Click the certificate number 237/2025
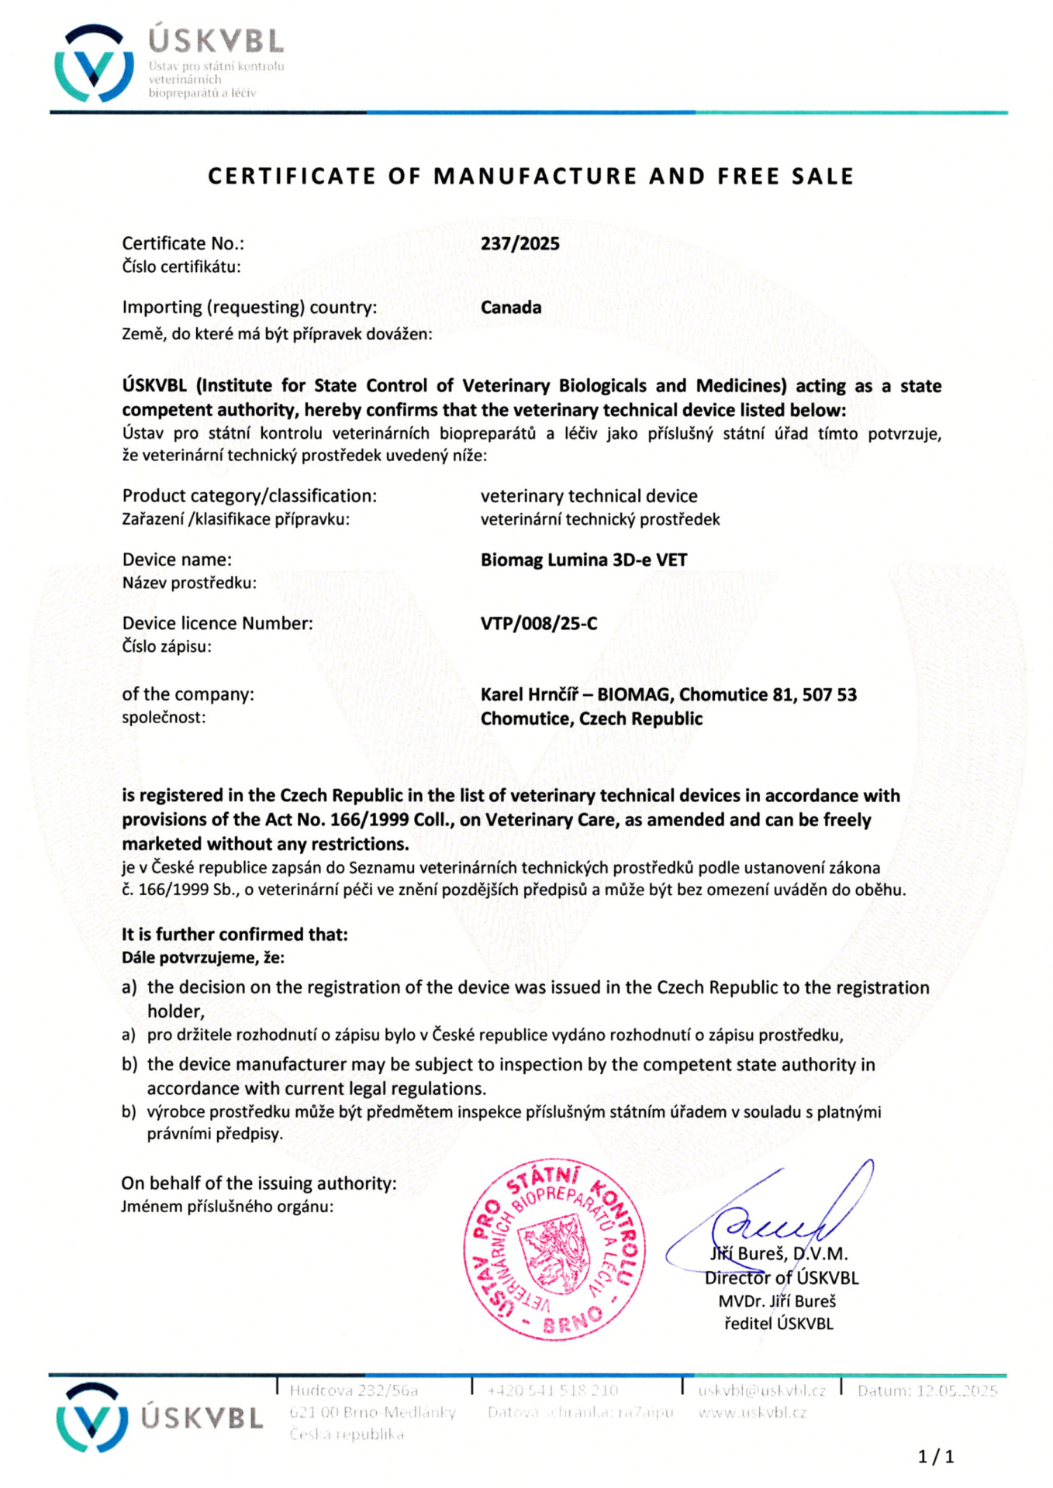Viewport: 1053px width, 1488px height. tap(520, 243)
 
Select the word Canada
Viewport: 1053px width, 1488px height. tap(510, 307)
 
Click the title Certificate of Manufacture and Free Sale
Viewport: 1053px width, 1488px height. tap(530, 177)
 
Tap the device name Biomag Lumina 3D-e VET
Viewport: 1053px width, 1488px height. tap(583, 560)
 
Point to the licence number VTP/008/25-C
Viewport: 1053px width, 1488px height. tap(539, 623)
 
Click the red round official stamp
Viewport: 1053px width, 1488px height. tap(554, 1250)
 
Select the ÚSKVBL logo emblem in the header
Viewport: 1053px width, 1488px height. tap(94, 64)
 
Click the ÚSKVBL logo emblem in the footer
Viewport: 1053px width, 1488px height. tap(91, 1417)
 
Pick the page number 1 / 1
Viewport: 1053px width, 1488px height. tap(935, 1457)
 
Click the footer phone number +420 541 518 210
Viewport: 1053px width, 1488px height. tap(552, 1390)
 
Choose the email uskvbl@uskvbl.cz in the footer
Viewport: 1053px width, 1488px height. tap(761, 1390)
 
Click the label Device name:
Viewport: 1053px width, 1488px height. tap(177, 560)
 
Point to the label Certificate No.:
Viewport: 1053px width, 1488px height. tap(183, 243)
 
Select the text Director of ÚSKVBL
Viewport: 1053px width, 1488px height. tap(781, 1278)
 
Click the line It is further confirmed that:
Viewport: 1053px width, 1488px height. tap(234, 935)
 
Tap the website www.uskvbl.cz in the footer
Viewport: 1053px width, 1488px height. tap(751, 1412)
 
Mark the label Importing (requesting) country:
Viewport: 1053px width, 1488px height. tap(249, 307)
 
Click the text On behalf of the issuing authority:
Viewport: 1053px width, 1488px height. tap(258, 1183)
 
